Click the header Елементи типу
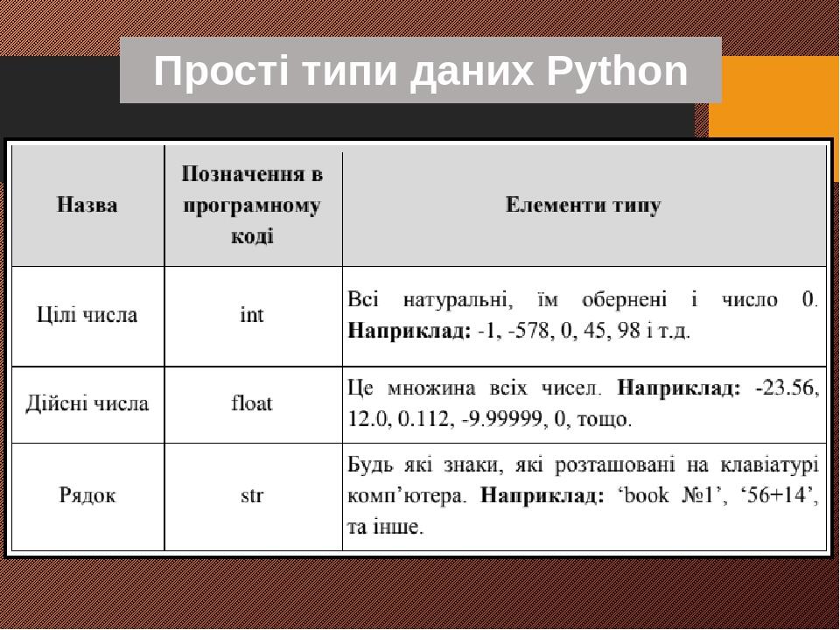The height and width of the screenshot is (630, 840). coord(584,206)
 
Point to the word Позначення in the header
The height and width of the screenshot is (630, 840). coord(252,174)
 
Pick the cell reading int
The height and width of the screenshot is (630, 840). coord(252,315)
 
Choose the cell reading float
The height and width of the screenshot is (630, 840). coord(252,403)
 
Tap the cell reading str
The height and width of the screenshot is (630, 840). coord(252,496)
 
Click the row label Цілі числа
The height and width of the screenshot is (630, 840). coord(87,315)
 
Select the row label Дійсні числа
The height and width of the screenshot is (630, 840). coord(87,403)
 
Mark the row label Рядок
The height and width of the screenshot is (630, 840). coord(87,496)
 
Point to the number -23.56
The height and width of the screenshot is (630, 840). coord(787,387)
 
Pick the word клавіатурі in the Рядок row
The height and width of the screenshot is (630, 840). coord(770,463)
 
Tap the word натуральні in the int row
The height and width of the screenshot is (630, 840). coord(458,300)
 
